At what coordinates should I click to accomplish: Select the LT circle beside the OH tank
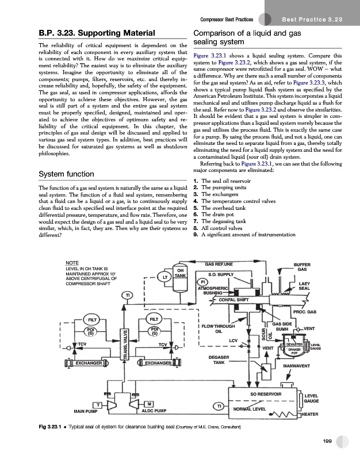coord(165,278)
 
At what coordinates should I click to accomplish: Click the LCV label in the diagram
coord(233,341)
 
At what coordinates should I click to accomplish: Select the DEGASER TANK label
coord(219,359)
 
